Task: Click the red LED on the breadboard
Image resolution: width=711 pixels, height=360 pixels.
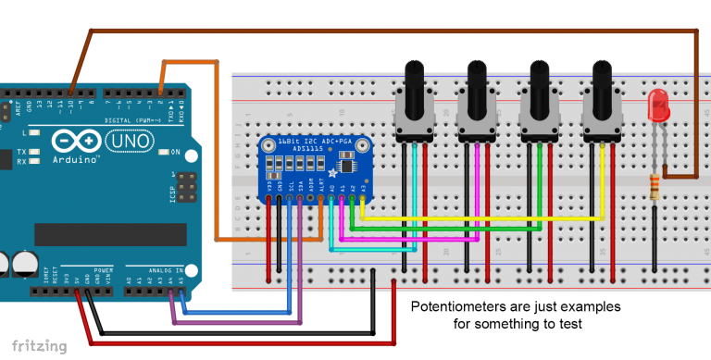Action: [659, 106]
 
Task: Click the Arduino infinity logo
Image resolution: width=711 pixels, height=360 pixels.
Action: [77, 141]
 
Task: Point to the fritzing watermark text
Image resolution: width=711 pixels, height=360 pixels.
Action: [34, 346]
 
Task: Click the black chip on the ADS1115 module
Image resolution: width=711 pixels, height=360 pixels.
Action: [348, 166]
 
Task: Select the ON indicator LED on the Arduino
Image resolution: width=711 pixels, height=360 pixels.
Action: [161, 152]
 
